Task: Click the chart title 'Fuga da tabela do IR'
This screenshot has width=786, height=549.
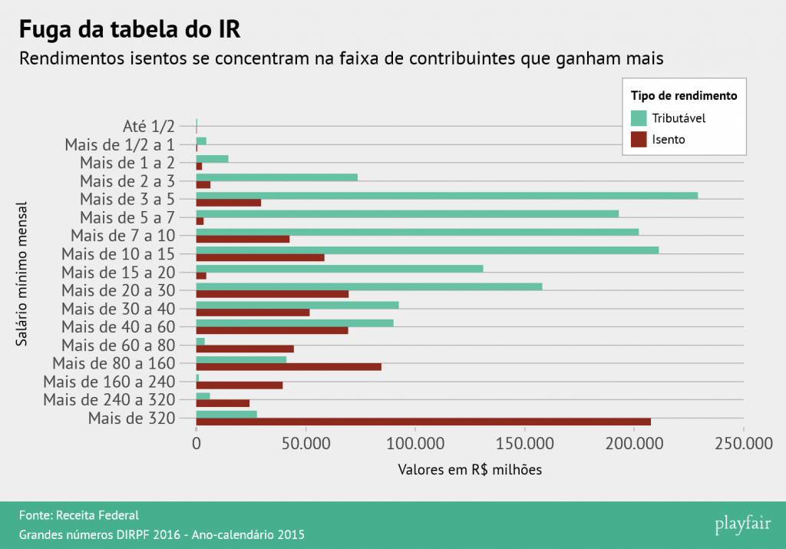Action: point(129,31)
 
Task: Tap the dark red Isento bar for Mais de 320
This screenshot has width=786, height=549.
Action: point(423,422)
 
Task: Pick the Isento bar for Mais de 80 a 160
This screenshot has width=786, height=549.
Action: point(289,367)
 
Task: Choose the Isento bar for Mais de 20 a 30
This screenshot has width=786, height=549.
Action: point(272,294)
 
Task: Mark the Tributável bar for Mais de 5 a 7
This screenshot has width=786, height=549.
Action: point(407,213)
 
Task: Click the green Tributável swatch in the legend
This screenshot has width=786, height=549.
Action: point(639,118)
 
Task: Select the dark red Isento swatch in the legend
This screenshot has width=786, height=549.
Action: point(639,140)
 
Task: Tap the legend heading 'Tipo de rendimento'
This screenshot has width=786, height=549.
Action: point(684,96)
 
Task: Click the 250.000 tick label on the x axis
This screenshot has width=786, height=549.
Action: point(743,443)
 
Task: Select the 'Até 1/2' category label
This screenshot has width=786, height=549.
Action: point(149,126)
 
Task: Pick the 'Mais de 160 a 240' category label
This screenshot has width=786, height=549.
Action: point(110,382)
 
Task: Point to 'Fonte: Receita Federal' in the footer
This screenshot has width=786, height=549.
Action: point(79,515)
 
